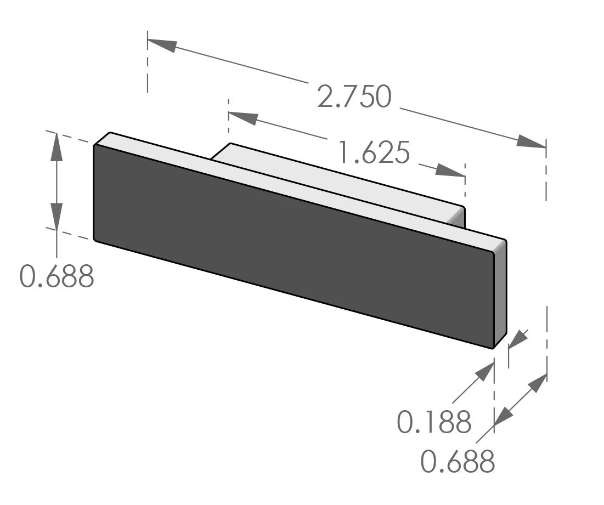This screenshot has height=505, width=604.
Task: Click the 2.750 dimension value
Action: pyautogui.click(x=354, y=97)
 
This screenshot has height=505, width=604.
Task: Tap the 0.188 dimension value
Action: pyautogui.click(x=434, y=422)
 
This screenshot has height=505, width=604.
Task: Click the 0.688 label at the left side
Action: pyautogui.click(x=57, y=276)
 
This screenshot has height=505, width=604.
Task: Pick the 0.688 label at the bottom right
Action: pyautogui.click(x=458, y=462)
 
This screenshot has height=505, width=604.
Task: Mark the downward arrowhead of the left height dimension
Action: pyautogui.click(x=57, y=214)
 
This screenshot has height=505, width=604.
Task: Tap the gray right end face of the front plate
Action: pyautogui.click(x=500, y=291)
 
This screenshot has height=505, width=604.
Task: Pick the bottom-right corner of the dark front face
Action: pyautogui.click(x=493, y=347)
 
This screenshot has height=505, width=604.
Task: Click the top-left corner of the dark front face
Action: pyautogui.click(x=95, y=146)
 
